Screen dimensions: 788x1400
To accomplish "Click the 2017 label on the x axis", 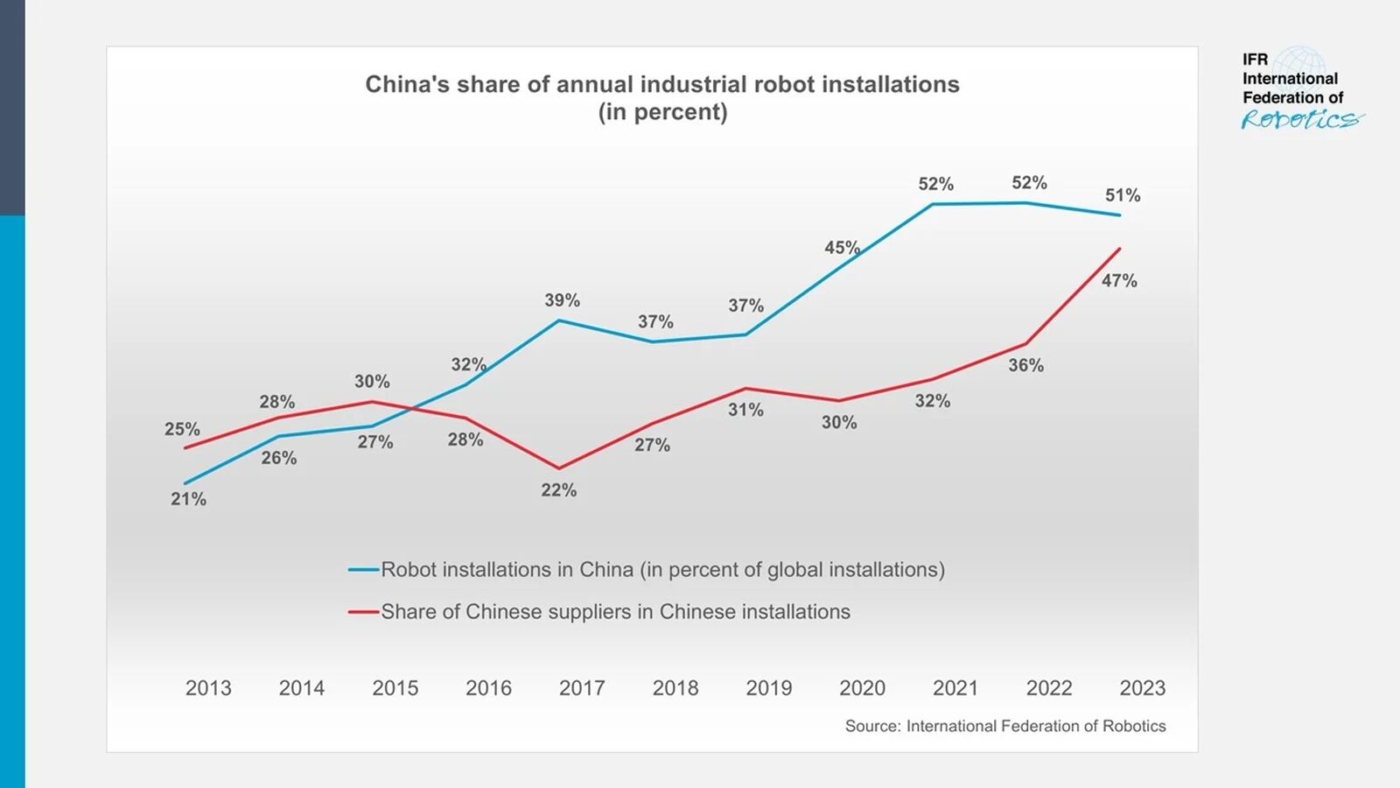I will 582,688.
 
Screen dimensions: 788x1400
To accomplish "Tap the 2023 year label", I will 1142,688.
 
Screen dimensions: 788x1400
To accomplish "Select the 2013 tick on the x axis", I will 208,688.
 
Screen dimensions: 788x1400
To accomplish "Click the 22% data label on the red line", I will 558,490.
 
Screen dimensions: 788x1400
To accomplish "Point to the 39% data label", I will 562,300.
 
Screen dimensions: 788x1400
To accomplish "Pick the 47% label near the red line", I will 1119,281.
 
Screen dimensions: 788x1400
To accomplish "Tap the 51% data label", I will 1123,195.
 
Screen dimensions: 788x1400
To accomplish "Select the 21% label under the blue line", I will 188,499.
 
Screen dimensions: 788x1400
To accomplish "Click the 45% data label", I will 842,248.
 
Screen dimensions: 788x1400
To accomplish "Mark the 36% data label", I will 1025,365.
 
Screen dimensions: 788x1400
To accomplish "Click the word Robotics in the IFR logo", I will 1301,120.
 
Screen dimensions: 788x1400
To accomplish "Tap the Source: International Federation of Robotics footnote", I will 1004,726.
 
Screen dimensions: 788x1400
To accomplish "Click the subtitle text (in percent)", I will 662,112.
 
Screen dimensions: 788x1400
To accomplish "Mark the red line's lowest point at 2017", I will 559,468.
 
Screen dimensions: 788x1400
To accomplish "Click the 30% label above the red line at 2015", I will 372,382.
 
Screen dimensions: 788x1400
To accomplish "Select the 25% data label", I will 182,429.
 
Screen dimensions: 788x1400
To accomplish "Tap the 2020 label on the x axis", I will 862,688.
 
